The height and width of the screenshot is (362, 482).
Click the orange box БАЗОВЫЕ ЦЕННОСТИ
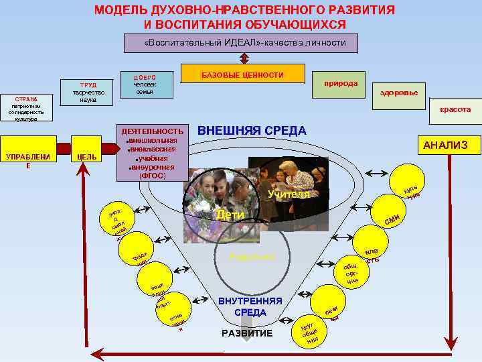(243, 75)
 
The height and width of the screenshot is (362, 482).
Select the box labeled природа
(340, 85)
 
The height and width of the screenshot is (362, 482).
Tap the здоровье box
(398, 93)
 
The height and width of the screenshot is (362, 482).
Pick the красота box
(455, 109)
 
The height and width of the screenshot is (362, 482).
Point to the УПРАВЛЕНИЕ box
(27, 160)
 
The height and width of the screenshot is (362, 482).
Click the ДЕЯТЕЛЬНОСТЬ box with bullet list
(151, 153)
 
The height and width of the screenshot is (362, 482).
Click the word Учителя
(288, 194)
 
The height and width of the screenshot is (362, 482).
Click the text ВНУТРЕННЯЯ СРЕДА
(250, 307)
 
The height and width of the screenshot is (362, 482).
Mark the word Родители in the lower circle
(248, 257)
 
